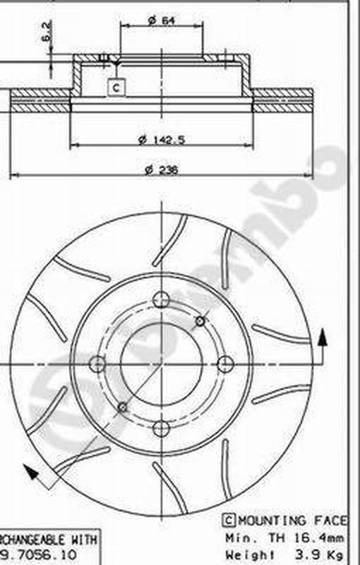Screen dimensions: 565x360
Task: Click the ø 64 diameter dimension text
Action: pos(161,21)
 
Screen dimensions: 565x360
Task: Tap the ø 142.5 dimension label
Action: pos(161,139)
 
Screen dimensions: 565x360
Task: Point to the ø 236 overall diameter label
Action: pos(161,169)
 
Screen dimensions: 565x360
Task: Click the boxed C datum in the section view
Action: pos(116,87)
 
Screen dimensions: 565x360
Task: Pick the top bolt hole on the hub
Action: pos(161,297)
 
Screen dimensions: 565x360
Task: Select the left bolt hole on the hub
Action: pos(97,364)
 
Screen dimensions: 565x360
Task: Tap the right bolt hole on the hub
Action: pos(225,364)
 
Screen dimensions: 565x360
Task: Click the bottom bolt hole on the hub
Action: pos(161,428)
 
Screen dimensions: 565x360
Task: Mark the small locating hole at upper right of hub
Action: pos(200,321)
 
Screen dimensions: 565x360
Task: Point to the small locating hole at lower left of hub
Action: pos(123,407)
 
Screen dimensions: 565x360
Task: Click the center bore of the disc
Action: pos(161,363)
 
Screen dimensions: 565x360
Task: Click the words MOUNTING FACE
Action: pos(289,521)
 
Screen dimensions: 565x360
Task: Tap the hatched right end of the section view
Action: pos(282,101)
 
